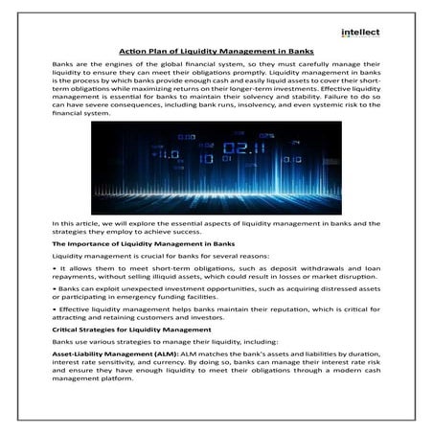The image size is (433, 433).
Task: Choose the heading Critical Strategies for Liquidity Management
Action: (127, 329)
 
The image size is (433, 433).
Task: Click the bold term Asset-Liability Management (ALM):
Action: (104, 353)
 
